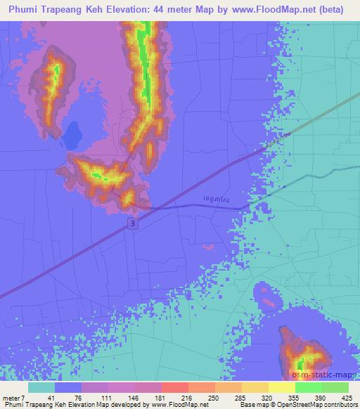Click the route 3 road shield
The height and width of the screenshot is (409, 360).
pyautogui.click(x=132, y=222)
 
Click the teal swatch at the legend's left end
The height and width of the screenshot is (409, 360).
pyautogui.click(x=41, y=387)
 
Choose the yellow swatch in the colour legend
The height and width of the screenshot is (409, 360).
pyautogui.click(x=281, y=387)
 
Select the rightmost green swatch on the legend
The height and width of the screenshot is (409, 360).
pyautogui.click(x=335, y=387)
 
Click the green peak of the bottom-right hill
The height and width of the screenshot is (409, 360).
pyautogui.click(x=301, y=364)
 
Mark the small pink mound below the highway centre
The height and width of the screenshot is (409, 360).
pyautogui.click(x=208, y=247)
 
